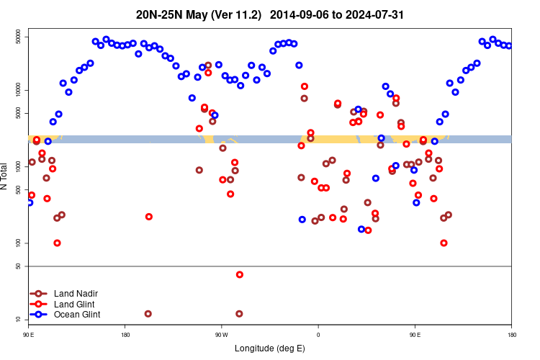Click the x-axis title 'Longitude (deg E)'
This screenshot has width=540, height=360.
tap(270, 348)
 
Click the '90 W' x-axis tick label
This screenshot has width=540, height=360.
tap(221, 334)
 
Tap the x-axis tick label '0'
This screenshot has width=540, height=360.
tap(318, 334)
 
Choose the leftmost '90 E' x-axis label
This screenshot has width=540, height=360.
tap(28, 334)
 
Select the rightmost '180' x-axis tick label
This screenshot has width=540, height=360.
tap(511, 334)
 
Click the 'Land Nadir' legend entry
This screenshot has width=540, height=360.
tap(76, 294)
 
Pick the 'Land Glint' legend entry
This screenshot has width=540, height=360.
tap(75, 304)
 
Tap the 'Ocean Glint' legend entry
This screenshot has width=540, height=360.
tap(77, 315)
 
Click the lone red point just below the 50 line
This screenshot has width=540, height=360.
tap(240, 274)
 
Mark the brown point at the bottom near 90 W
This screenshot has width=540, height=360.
tap(239, 314)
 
